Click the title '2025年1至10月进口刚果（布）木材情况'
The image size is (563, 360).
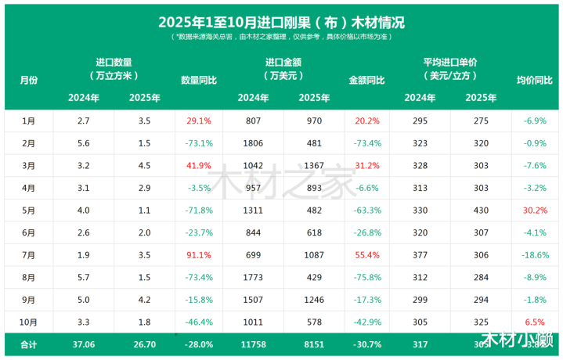pos(281,21)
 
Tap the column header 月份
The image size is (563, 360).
pos(28,80)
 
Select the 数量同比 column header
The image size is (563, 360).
pos(199,80)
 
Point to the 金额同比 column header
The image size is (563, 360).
pos(366,80)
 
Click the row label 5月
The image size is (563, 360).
pos(28,211)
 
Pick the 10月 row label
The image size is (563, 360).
pos(28,322)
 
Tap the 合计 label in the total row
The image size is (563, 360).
pos(28,344)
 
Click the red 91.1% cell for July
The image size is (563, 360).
pos(199,255)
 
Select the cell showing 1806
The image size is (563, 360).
pos(253,144)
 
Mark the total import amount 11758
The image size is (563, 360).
pos(253,344)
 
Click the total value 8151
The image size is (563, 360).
pos(314,344)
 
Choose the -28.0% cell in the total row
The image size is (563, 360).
pos(199,344)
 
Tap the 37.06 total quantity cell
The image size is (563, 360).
pos(83,344)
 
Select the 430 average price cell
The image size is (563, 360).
pos(481,211)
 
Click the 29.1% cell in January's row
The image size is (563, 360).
pos(199,121)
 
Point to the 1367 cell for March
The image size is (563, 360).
pos(314,166)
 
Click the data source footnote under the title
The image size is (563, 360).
pos(281,37)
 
